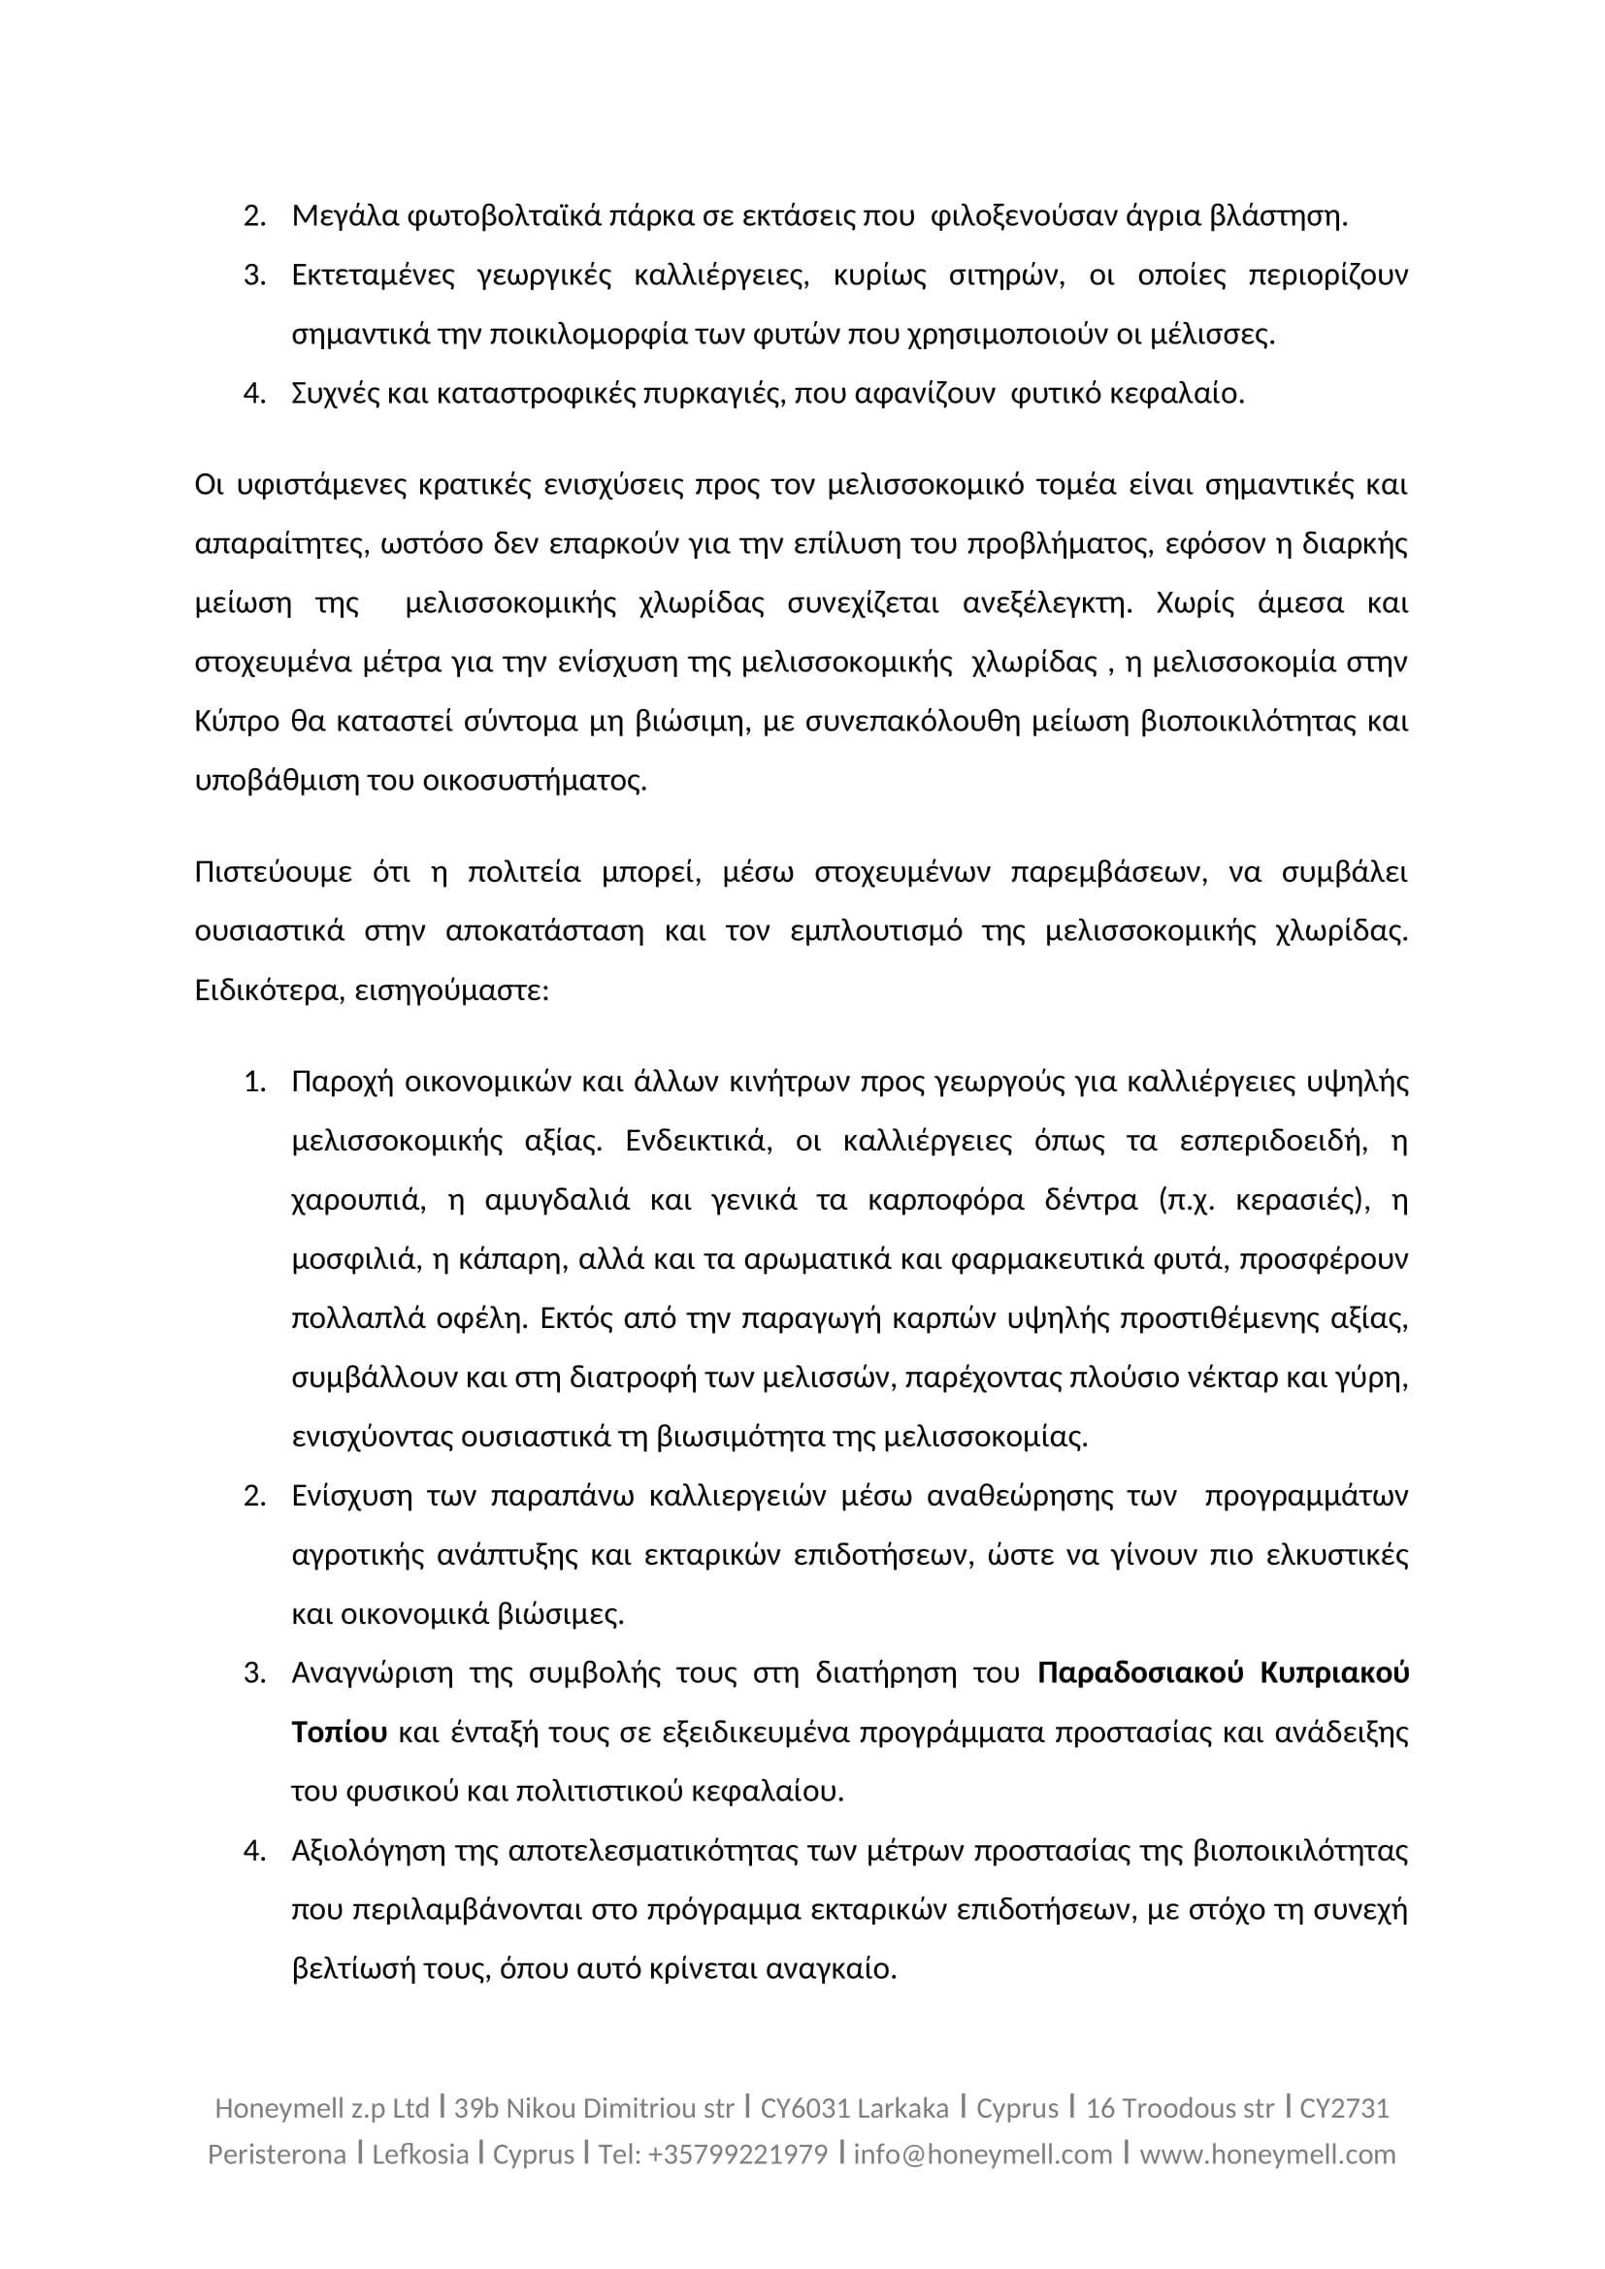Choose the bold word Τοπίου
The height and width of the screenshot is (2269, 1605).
coord(339,1733)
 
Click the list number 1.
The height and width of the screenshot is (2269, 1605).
coord(254,1083)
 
